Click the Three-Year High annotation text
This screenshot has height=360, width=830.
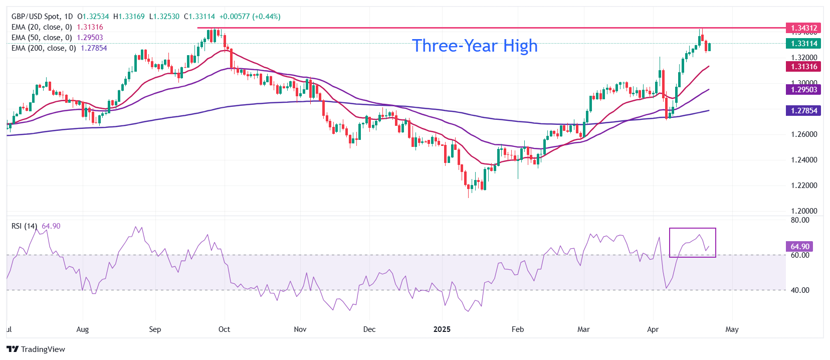[474, 46]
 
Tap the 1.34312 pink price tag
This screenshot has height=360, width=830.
[803, 28]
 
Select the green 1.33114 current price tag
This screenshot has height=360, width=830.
[803, 44]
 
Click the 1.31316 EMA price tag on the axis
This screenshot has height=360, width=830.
[803, 67]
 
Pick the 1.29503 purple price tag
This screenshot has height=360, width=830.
[803, 90]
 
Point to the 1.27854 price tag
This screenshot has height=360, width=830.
[803, 111]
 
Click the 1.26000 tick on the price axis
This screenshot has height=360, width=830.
[804, 134]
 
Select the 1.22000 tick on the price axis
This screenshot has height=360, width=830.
[804, 186]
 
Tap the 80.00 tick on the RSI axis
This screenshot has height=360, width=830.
[800, 220]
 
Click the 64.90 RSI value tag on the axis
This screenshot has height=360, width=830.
[800, 247]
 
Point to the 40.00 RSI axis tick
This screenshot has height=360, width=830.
[800, 290]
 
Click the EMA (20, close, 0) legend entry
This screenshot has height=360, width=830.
[42, 27]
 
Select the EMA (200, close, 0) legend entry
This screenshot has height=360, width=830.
[44, 48]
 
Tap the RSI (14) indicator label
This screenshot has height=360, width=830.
[24, 226]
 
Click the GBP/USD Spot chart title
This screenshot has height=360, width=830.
[42, 17]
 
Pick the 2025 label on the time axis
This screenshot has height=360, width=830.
[442, 329]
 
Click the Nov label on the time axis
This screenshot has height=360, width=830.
[300, 329]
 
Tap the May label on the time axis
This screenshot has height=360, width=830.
[732, 329]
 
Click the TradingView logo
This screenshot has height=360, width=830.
[36, 349]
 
